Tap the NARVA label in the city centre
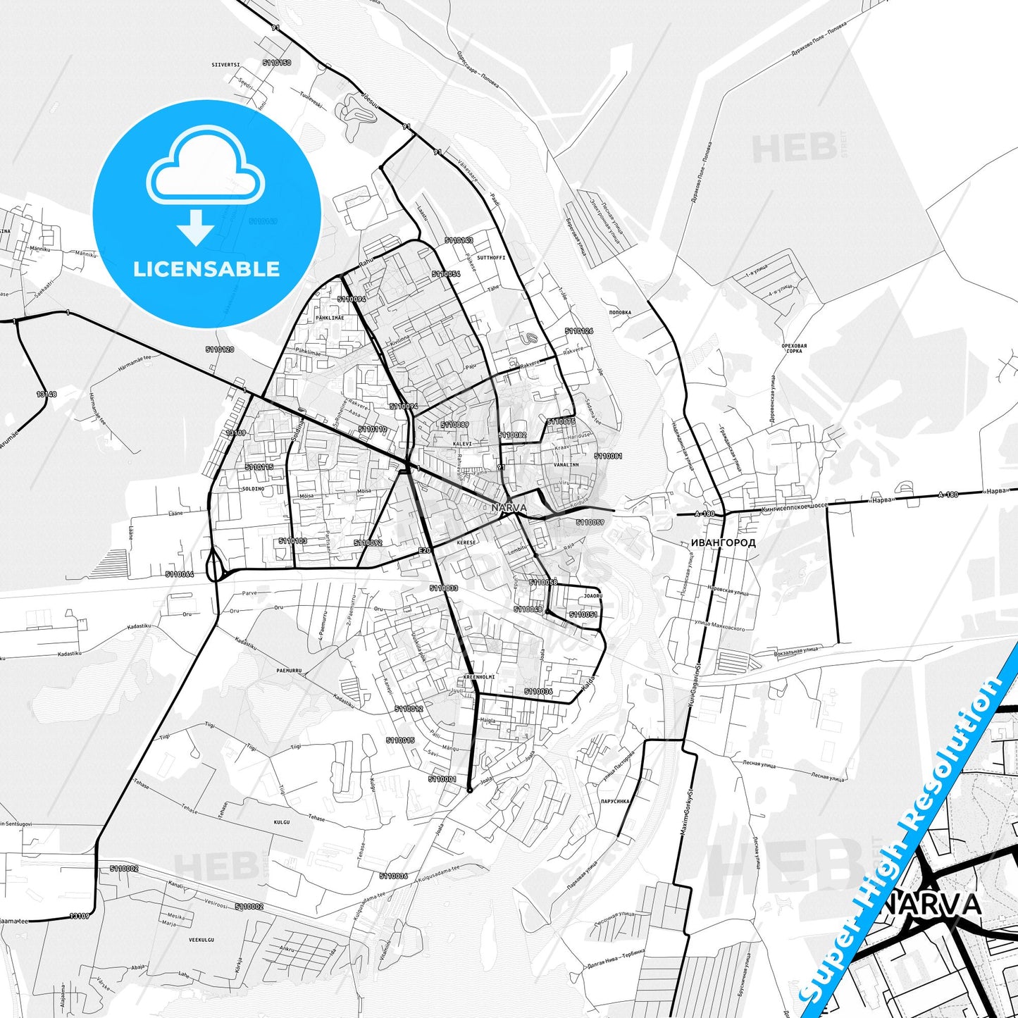[509, 507]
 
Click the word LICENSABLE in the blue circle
[206, 268]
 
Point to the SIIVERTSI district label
[225, 64]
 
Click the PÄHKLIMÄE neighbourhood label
[330, 318]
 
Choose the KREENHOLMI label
[479, 676]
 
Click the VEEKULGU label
[201, 940]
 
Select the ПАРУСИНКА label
[615, 801]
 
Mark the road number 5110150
[276, 63]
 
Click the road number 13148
[46, 394]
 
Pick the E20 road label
[424, 550]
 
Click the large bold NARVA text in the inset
[932, 904]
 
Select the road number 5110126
[578, 330]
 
